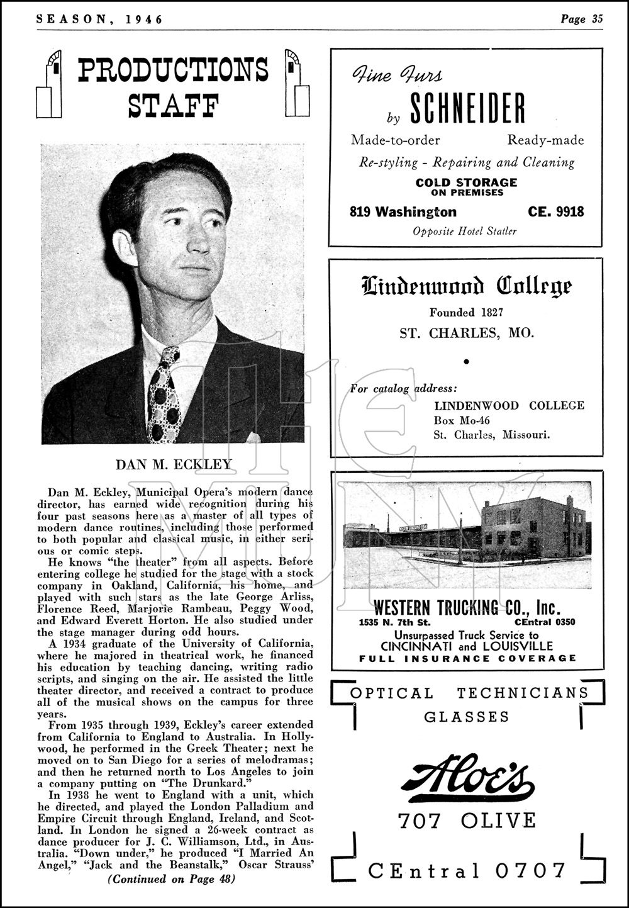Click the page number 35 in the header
tap(597, 19)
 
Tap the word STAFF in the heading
tap(173, 105)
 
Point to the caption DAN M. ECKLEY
tap(174, 465)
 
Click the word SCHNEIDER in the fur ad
tap(467, 108)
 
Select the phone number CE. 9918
tap(556, 211)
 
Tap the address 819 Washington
tap(403, 211)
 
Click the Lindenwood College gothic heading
tap(466, 287)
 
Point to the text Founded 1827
tap(466, 312)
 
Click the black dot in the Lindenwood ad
tap(466, 362)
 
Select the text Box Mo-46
tap(462, 420)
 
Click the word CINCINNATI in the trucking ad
tap(420, 646)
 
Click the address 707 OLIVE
tap(467, 821)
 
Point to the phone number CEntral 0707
tap(467, 870)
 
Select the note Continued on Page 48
tap(172, 879)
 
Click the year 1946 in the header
tap(144, 19)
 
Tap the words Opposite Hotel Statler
tap(464, 231)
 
